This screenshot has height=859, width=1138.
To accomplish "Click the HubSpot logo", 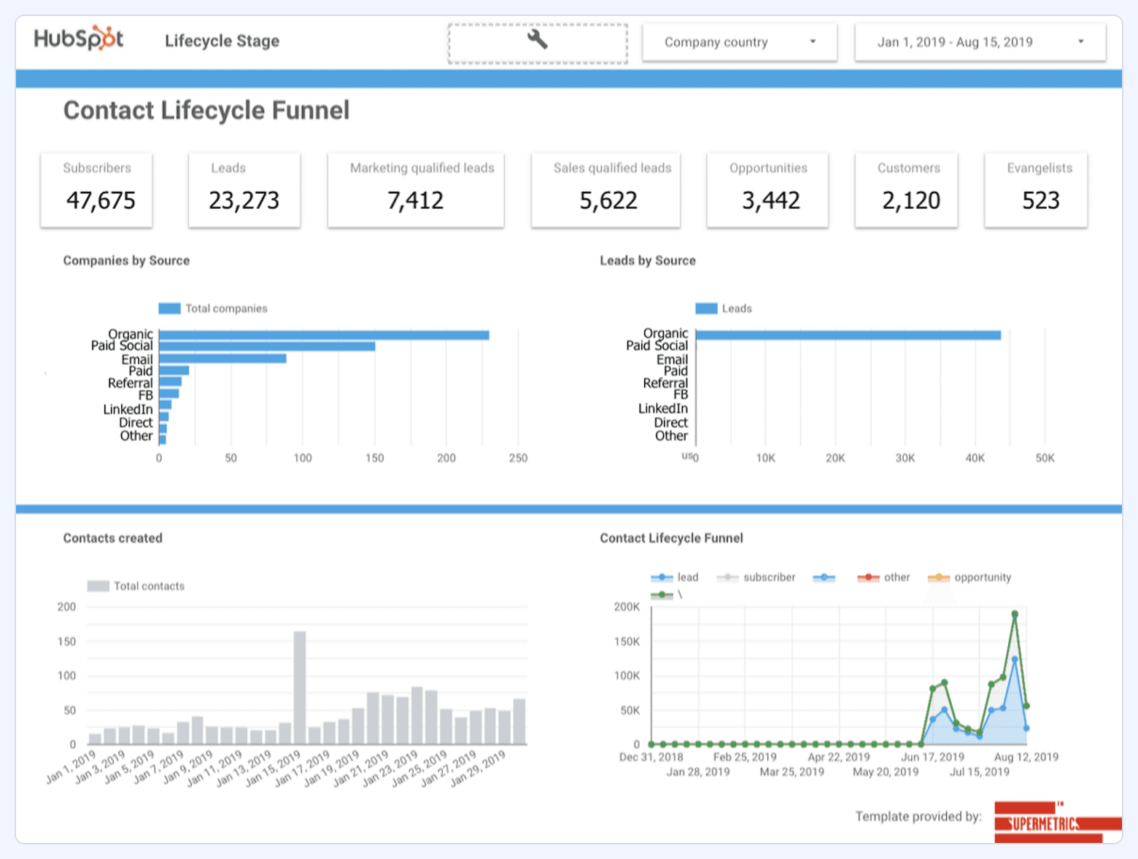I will [x=79, y=39].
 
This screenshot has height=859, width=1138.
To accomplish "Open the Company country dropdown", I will [x=739, y=42].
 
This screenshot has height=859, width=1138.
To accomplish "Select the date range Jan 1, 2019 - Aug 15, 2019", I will [x=980, y=42].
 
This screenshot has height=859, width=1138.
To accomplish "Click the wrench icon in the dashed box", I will [x=538, y=39].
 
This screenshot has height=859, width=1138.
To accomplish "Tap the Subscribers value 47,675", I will [x=101, y=200].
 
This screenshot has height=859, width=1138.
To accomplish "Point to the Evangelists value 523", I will [x=1040, y=200].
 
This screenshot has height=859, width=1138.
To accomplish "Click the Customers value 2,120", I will [x=910, y=200].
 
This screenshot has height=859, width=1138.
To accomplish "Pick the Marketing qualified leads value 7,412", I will [x=415, y=200].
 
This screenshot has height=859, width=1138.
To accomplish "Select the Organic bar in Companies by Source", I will [x=324, y=335].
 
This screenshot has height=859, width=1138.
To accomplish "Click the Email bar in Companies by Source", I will [x=222, y=359].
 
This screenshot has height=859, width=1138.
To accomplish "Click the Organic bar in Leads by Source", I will [x=848, y=335].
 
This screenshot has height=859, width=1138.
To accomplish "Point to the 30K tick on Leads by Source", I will [x=905, y=458].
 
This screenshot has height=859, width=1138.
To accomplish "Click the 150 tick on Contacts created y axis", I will [x=66, y=642].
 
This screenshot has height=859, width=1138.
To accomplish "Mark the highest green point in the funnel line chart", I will [x=1015, y=614].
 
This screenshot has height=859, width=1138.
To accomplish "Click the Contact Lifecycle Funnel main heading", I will [x=206, y=110].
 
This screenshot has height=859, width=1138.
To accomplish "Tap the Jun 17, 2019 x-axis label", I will [x=932, y=757].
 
